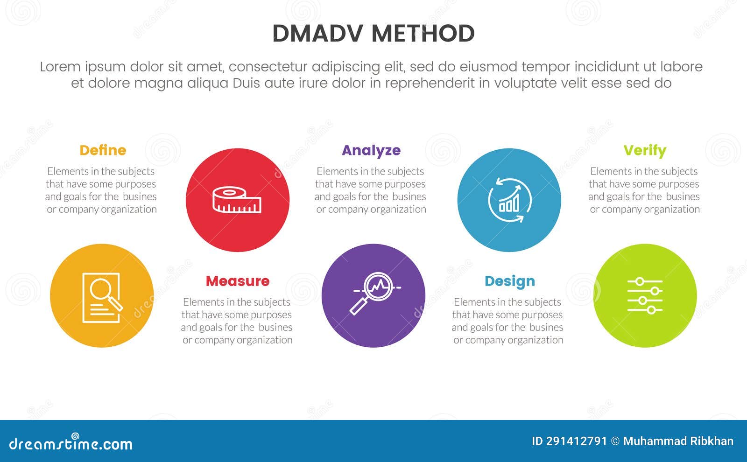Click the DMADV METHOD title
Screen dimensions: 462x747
click(373, 34)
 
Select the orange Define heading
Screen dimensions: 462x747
click(103, 150)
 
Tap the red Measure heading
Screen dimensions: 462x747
click(238, 281)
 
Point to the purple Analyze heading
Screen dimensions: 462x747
click(371, 150)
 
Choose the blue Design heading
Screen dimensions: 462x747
click(509, 281)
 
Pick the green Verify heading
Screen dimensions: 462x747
click(645, 150)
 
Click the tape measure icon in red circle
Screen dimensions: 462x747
click(237, 200)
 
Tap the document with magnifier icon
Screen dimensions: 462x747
click(102, 297)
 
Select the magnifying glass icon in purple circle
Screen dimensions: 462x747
click(373, 294)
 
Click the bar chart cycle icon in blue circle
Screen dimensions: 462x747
click(509, 200)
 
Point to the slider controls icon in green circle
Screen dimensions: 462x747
click(645, 295)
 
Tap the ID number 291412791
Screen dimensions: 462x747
click(569, 441)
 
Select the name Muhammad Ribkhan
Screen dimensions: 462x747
click(678, 441)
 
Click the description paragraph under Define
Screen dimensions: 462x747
click(101, 190)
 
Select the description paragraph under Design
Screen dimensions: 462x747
click(508, 321)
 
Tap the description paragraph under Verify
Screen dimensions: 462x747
click(644, 190)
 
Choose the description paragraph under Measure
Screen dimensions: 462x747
click(237, 321)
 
